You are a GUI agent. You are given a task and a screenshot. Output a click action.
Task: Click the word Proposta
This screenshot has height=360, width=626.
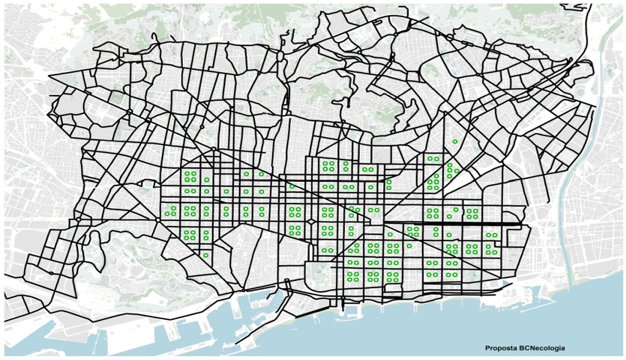click(499, 348)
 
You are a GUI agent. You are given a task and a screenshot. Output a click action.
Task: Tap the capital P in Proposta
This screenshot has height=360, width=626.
click(487, 348)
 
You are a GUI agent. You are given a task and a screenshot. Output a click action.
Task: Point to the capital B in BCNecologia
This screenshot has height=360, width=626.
click(517, 348)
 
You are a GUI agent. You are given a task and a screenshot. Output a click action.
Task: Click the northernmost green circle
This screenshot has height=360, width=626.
click(455, 141)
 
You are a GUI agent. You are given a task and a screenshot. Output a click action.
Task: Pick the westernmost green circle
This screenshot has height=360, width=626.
click(167, 214)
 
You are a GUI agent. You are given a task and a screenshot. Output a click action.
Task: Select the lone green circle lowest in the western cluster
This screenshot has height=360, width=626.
click(206, 255)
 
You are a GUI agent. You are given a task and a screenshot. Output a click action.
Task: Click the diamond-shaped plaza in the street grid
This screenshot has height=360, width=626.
click(312, 222)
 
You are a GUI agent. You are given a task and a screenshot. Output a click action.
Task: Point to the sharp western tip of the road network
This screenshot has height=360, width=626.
click(48, 76)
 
